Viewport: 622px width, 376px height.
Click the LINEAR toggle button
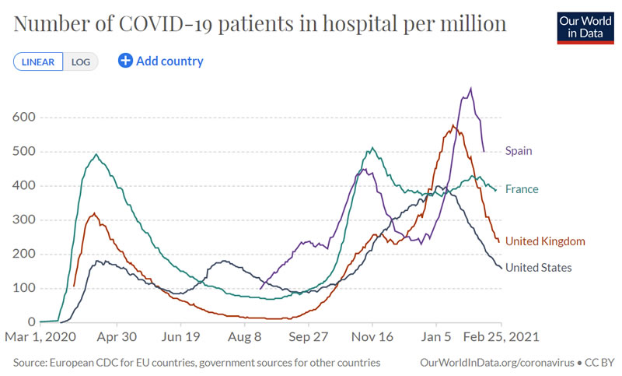(x=37, y=61)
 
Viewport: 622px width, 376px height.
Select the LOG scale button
(x=81, y=61)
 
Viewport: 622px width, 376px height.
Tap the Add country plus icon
(x=125, y=61)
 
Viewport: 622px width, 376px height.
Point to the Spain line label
(x=519, y=151)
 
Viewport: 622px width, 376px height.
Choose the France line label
(x=522, y=189)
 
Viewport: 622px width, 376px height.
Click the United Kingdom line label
(x=545, y=241)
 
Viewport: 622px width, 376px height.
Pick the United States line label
(x=539, y=268)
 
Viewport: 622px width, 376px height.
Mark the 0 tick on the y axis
(x=32, y=322)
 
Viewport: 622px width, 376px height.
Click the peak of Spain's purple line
(x=470, y=88)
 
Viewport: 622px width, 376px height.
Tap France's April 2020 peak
(x=96, y=154)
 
